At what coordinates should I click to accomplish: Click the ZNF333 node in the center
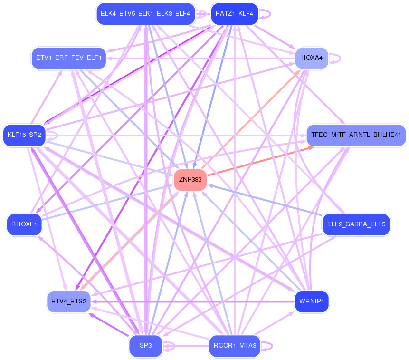(x=190, y=179)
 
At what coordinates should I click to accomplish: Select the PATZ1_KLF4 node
(x=234, y=14)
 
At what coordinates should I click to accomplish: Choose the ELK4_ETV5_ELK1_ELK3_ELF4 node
(x=145, y=14)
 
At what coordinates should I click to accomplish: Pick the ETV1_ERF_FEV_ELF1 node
(x=68, y=58)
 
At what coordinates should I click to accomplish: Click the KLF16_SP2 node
(x=24, y=135)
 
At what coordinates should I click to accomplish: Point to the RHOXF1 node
(x=24, y=224)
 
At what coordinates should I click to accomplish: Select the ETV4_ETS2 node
(x=69, y=301)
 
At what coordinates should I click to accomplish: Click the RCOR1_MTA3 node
(x=235, y=346)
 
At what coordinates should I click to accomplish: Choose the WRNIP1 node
(x=312, y=301)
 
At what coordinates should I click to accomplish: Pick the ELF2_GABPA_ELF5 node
(x=356, y=224)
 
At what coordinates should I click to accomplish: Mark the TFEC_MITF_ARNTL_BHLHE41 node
(x=356, y=135)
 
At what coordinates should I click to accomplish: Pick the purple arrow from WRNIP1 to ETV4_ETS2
(x=190, y=301)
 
